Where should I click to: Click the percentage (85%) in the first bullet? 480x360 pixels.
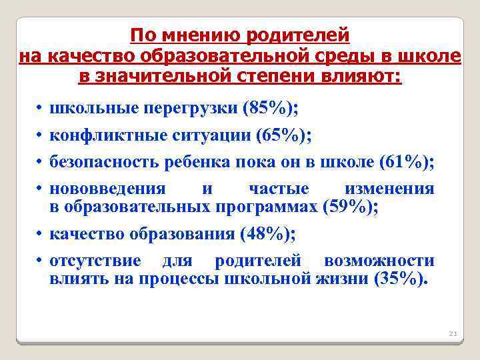click(269, 109)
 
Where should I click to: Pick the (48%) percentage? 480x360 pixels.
click(267, 234)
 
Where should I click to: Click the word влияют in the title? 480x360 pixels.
click(361, 77)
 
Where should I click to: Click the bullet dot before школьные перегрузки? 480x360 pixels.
click(41, 109)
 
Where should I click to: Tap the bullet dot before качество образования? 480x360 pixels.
click(41, 234)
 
